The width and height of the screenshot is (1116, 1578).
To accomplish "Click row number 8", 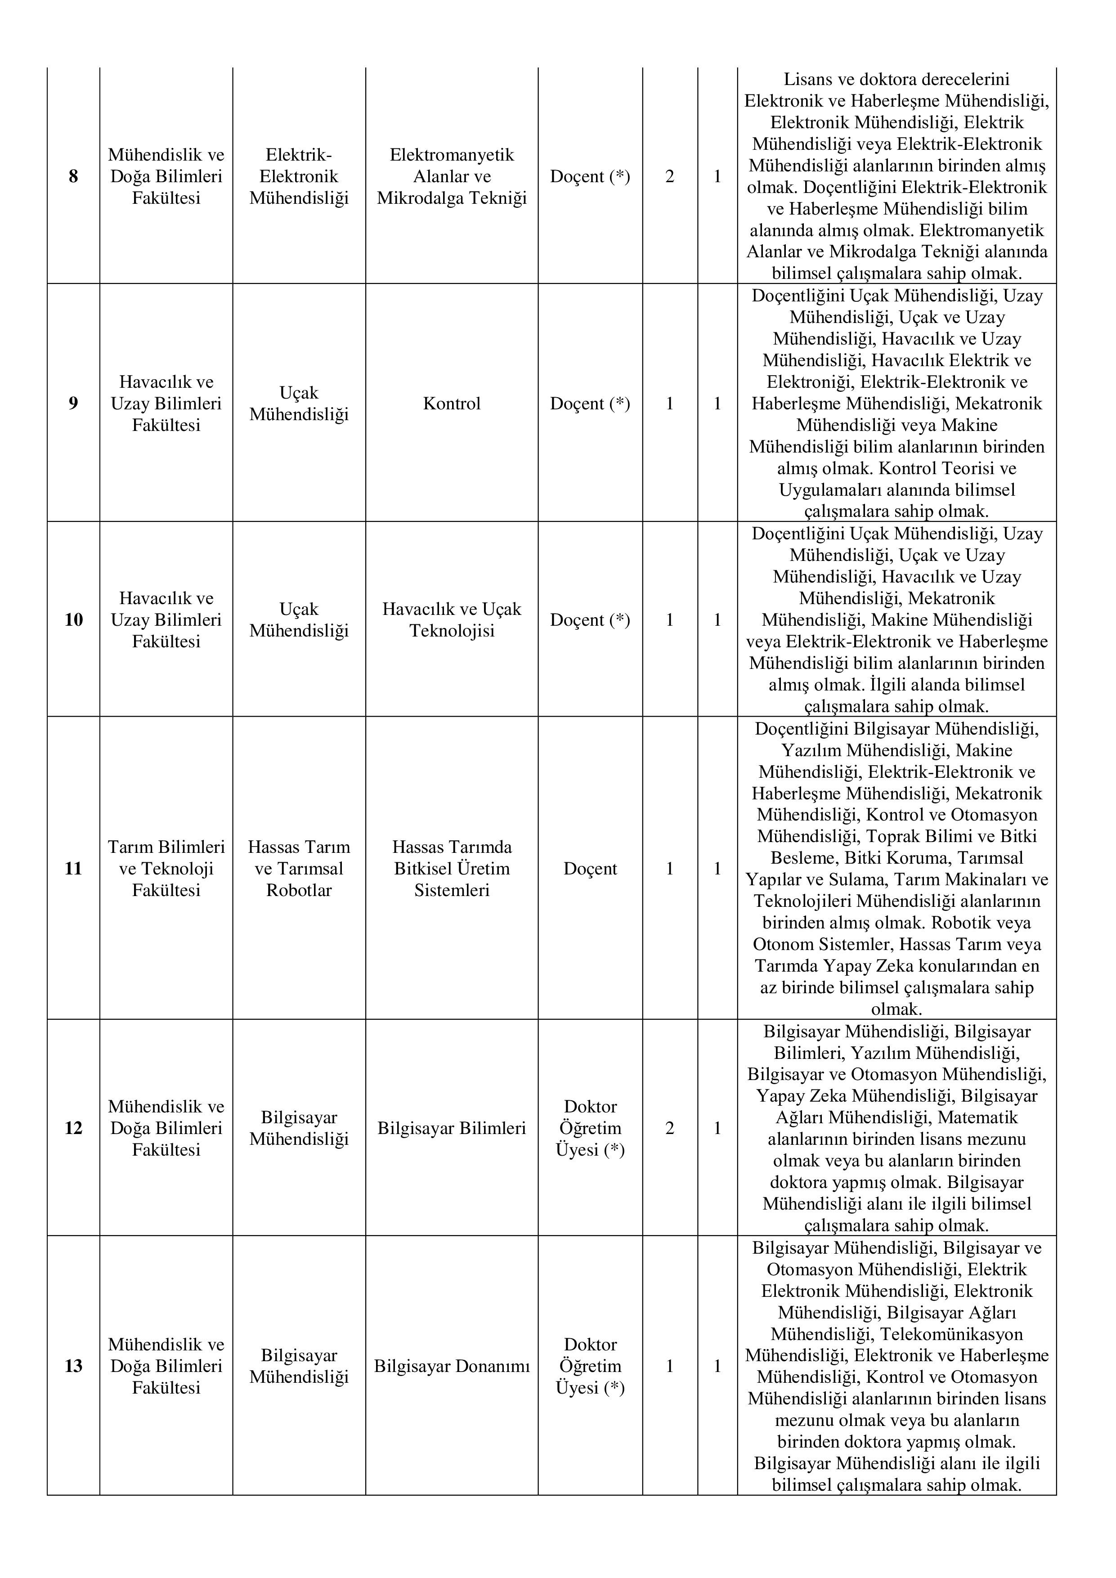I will [73, 177].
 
